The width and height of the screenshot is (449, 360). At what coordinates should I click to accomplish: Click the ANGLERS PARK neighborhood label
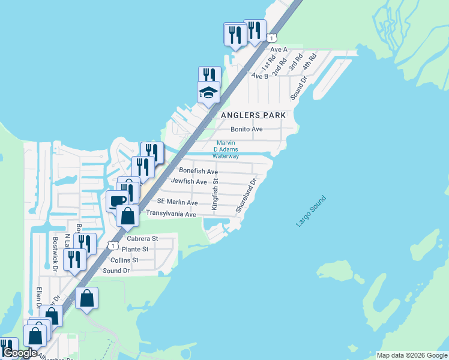[253, 115]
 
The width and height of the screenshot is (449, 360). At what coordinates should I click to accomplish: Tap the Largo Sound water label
[311, 211]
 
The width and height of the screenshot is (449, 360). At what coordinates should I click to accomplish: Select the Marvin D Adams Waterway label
[228, 149]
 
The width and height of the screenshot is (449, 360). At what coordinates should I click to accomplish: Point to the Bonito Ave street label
[247, 129]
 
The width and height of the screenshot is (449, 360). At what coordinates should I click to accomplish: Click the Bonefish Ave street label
[194, 171]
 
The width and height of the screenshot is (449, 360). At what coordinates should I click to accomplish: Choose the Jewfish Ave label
[189, 181]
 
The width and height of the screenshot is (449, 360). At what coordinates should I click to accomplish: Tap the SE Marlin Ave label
[177, 203]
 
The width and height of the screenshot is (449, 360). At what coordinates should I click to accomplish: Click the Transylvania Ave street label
[172, 214]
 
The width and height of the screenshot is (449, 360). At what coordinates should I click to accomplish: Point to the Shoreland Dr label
[246, 195]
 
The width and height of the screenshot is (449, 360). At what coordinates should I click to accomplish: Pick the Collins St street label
[124, 260]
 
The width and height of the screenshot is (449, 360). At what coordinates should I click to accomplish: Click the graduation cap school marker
[208, 93]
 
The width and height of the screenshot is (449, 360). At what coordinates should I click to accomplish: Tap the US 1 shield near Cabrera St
[112, 245]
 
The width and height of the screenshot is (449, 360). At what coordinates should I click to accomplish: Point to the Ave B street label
[260, 76]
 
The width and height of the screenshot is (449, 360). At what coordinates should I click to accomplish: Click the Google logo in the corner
[20, 353]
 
